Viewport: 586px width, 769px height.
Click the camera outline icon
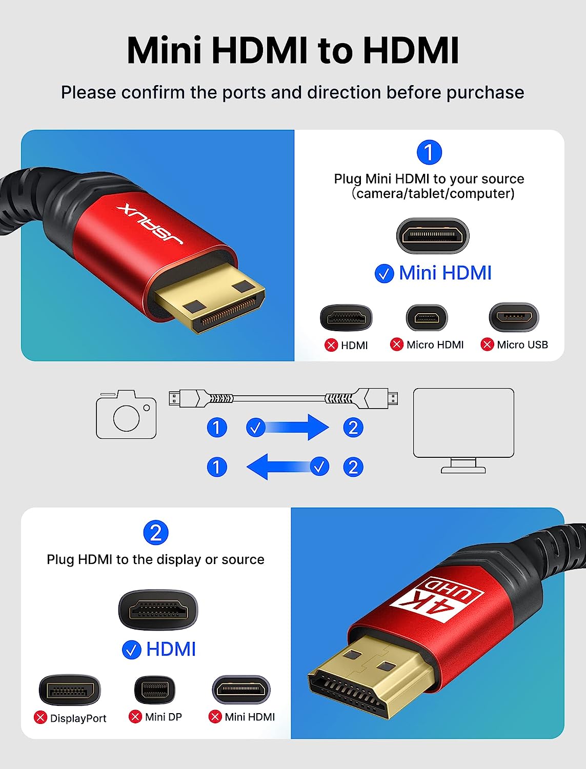(126, 414)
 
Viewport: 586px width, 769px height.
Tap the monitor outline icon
(463, 431)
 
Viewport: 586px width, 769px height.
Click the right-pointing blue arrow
(288, 427)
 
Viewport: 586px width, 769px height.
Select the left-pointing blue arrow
(288, 467)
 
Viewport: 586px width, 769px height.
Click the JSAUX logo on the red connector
(150, 224)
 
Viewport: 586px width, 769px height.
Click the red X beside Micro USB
(487, 345)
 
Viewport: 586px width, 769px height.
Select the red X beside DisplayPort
(41, 718)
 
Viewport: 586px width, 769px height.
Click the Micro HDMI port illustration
(427, 318)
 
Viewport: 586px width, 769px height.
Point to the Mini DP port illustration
(154, 690)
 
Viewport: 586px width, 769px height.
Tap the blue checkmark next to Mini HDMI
(384, 274)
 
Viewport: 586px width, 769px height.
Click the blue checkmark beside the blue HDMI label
(131, 650)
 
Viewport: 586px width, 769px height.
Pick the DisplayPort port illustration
(70, 690)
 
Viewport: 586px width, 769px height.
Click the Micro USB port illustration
(514, 317)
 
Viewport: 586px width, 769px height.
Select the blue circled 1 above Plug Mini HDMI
(429, 152)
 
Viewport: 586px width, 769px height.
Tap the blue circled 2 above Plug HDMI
(156, 533)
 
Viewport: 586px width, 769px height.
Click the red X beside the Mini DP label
(135, 717)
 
